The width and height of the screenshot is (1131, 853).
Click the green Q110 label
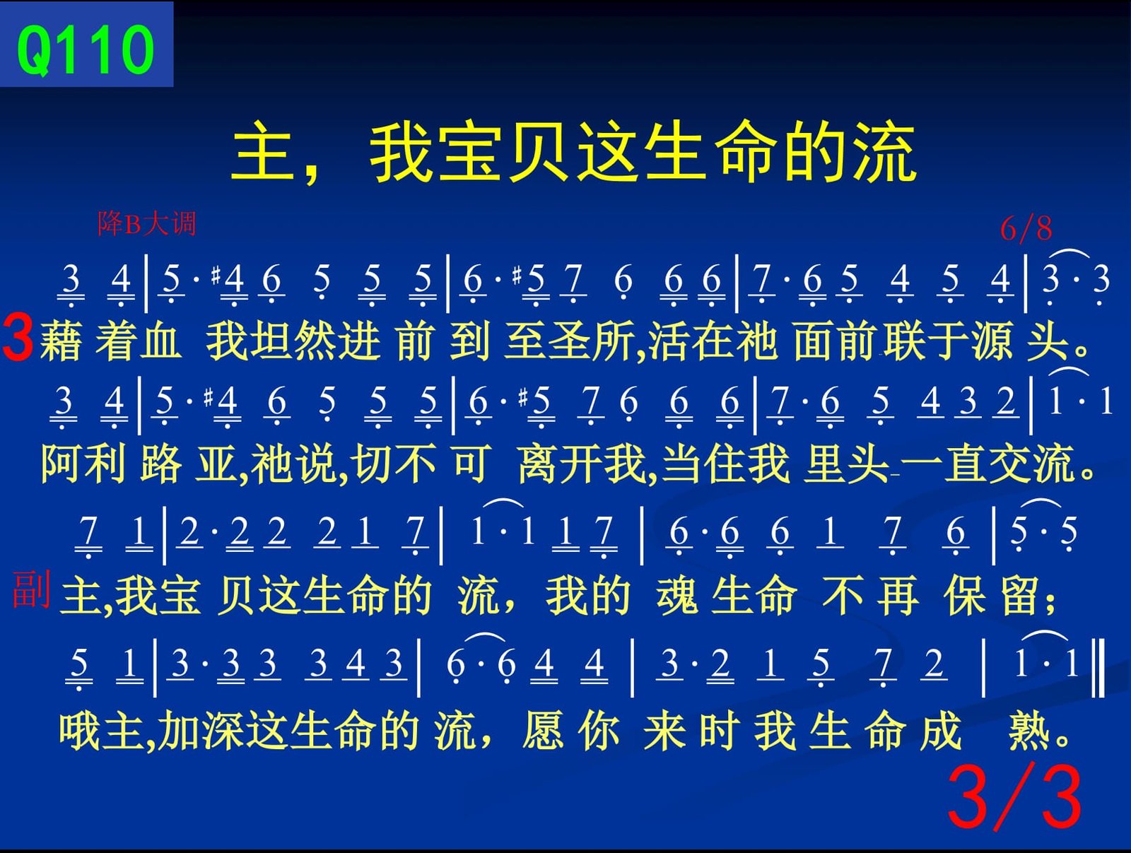tap(86, 50)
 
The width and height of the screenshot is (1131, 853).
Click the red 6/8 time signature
tap(1026, 229)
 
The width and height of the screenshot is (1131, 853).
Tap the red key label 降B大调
tap(147, 224)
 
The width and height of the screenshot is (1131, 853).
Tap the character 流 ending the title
tap(884, 153)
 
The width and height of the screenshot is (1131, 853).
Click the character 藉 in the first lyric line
tap(60, 340)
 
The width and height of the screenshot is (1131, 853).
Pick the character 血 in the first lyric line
tap(160, 340)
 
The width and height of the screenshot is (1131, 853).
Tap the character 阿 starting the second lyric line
tap(61, 464)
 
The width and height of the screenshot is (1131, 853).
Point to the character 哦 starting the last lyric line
tap(79, 731)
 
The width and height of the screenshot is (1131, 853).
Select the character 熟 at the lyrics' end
tap(1029, 731)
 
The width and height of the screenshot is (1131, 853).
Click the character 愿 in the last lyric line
tap(543, 731)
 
